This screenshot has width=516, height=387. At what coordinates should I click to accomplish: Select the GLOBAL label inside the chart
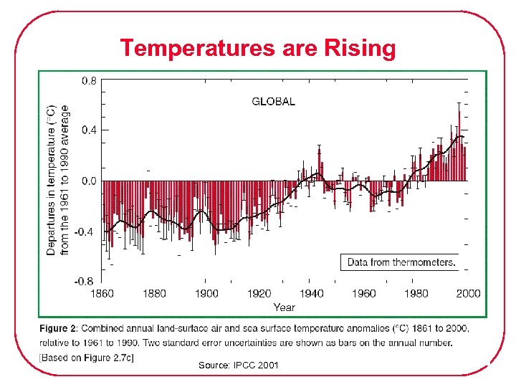pos(273,102)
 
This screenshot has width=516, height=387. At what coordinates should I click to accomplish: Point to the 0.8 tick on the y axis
pos(88,81)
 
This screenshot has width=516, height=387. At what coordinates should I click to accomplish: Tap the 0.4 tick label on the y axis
pos(88,130)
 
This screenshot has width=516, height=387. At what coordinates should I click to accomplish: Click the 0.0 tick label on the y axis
pos(88,181)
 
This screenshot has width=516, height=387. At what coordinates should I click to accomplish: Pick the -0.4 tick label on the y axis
pos(86,231)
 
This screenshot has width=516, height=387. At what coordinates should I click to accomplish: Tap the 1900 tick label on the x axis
pos(206,293)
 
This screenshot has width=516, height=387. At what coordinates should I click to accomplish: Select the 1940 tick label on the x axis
pos(311,293)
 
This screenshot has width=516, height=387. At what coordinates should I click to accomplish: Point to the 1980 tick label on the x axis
pos(416,293)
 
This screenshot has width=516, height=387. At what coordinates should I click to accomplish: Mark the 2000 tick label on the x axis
pos(468,293)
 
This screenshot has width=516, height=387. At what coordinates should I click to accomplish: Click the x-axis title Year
pos(284,307)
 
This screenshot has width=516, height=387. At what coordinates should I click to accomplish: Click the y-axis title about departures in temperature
pos(58,181)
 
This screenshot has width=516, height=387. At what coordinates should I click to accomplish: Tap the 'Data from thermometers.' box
pos(401,262)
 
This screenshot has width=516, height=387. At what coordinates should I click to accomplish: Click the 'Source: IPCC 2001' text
pos(239,365)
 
